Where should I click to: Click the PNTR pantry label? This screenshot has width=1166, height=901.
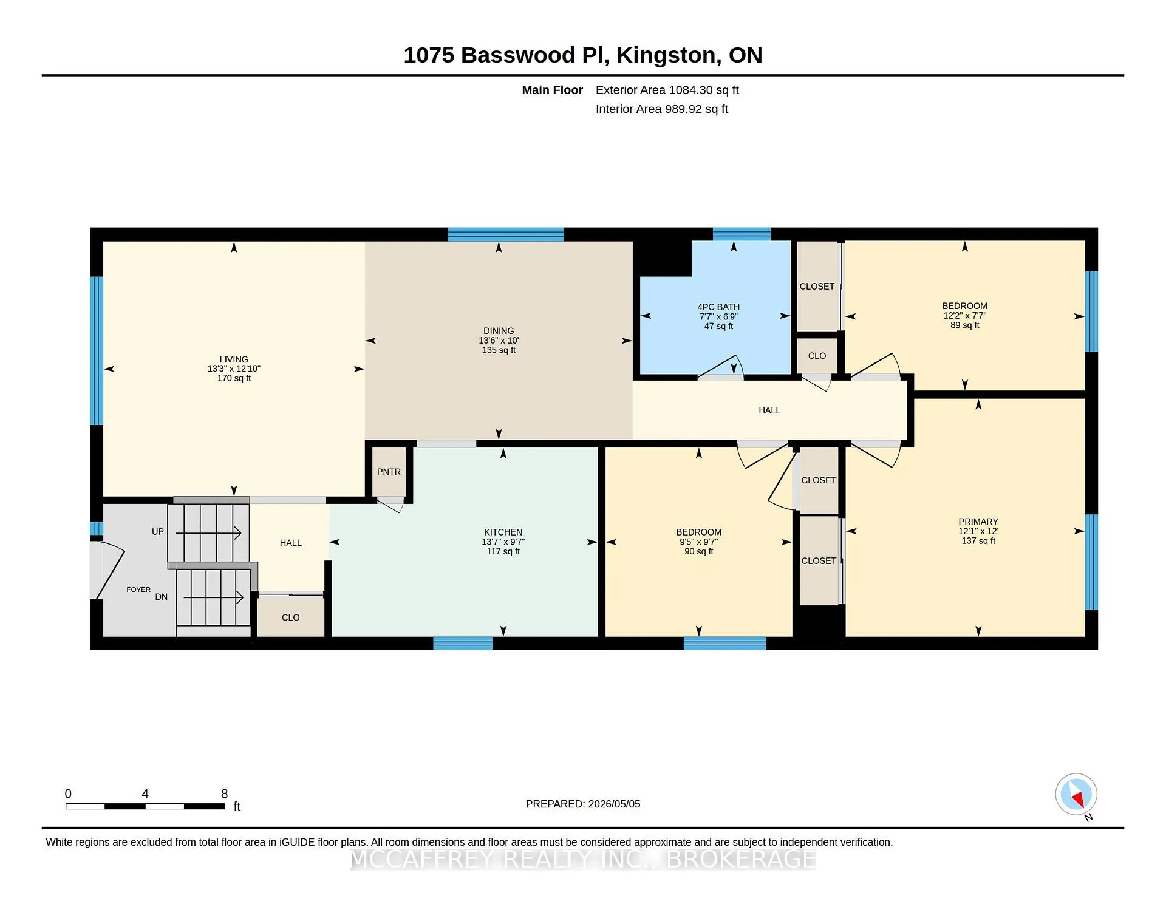coord(389,472)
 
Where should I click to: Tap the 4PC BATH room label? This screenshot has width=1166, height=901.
coord(718,307)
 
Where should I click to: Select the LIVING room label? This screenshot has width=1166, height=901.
coord(234,359)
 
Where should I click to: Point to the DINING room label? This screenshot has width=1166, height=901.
coord(499,331)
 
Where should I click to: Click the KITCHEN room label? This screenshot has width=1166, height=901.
coord(503,532)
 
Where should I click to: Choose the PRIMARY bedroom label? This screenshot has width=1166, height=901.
coord(978,522)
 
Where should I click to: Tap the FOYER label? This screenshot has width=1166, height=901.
coord(138,590)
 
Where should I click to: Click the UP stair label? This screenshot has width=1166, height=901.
coord(157,532)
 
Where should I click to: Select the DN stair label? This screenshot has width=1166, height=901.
coord(161,597)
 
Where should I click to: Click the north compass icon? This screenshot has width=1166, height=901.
coord(1076,794)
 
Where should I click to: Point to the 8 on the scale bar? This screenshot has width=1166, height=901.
coord(224,794)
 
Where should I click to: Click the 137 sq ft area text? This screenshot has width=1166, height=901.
coord(978,541)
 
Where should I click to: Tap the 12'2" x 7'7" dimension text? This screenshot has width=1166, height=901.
coord(964,316)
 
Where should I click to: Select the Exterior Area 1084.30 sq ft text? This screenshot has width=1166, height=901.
coord(667,90)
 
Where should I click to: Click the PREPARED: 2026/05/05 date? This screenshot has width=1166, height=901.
coord(583,804)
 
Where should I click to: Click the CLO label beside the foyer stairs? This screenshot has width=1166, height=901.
coord(290,617)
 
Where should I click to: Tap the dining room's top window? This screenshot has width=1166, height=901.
coord(505,234)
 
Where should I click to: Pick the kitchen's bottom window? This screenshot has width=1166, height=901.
coord(463,644)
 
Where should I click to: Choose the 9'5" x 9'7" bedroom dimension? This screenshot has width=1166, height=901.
coord(698,542)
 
